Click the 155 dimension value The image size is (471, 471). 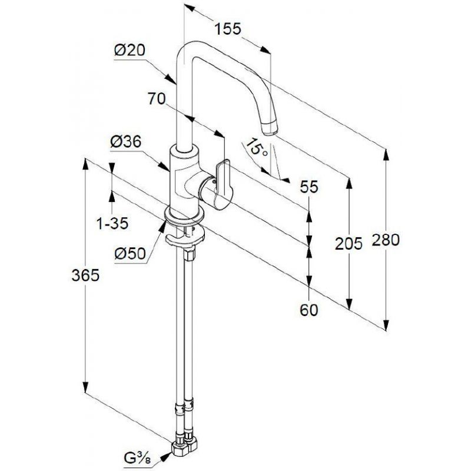coord(228,29)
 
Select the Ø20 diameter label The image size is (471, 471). coord(130,50)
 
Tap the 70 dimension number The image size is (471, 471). coord(157,98)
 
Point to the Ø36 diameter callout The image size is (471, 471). coord(125,141)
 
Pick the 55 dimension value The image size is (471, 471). coord(309,187)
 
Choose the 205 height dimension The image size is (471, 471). coord(349,243)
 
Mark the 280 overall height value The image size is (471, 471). coord(386,240)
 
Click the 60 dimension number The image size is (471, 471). coord(309,310)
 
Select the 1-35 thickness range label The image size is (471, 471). coord(112,224)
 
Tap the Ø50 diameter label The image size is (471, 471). coord(130,254)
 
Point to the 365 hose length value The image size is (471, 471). coord(85,275)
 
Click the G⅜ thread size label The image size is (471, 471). coord(137,458)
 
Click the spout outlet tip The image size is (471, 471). coord(270,129)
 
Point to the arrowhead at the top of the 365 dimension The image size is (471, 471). coord(85,164)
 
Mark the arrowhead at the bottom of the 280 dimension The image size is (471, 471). coord(386,324)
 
